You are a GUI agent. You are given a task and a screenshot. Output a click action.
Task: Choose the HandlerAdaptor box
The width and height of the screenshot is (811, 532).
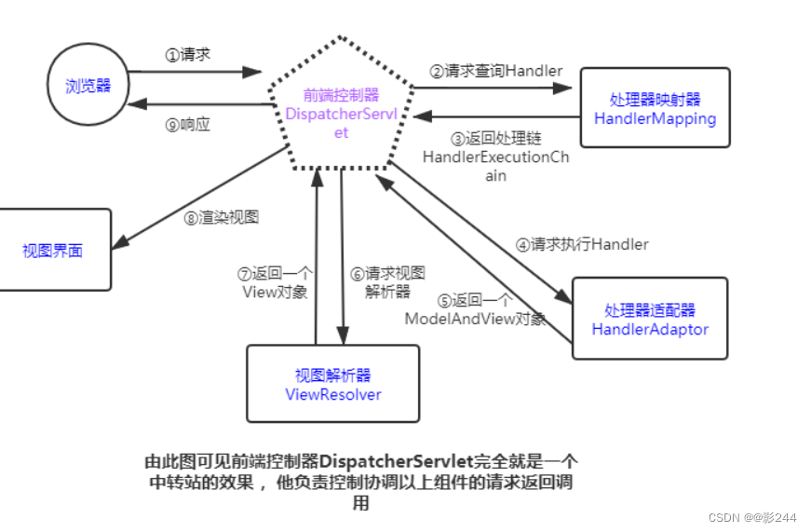click(649, 320)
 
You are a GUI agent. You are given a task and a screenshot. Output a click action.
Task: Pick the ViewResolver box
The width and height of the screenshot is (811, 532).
click(332, 384)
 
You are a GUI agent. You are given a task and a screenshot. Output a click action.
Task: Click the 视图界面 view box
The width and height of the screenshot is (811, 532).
click(53, 251)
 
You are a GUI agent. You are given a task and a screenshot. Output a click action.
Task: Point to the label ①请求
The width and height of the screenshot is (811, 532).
click(188, 55)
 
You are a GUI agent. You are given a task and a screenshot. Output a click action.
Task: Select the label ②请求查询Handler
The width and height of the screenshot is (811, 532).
click(495, 71)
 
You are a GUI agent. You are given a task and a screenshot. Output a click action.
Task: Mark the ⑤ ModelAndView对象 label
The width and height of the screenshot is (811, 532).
click(475, 309)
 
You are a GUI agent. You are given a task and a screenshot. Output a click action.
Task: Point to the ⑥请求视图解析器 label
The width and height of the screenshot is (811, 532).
click(387, 281)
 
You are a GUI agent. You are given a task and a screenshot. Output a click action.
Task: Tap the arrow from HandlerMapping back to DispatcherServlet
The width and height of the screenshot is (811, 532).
click(498, 116)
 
